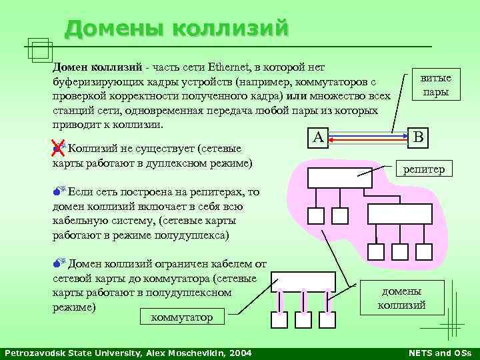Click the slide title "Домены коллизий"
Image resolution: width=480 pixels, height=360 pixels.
tap(177, 28)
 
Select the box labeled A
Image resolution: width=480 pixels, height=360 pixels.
tap(318, 137)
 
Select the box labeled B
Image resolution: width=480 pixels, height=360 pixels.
tap(418, 137)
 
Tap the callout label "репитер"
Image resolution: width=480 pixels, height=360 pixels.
tap(423, 170)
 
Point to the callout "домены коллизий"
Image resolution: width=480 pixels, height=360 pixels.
tap(401, 298)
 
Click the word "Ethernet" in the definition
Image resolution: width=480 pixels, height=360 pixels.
tap(231, 67)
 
